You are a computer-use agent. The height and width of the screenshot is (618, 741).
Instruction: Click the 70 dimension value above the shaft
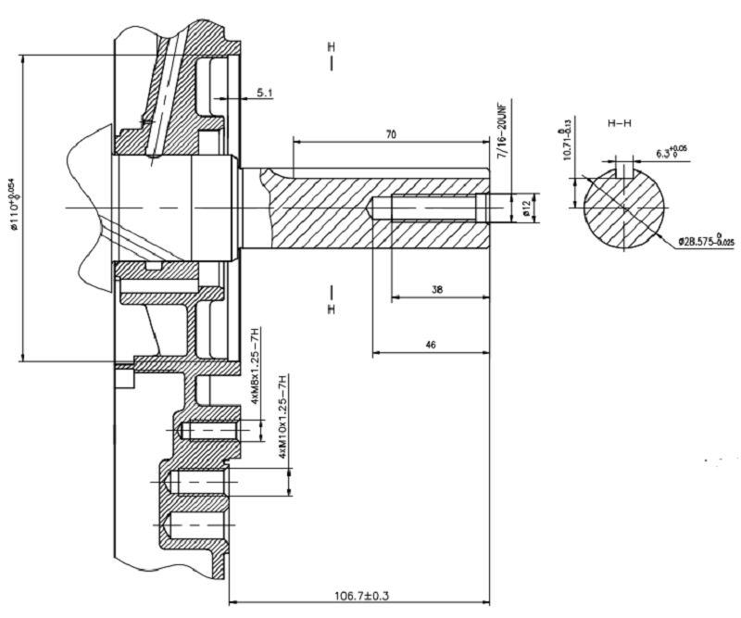391,134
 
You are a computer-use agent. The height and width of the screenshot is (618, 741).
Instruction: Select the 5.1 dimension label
263,93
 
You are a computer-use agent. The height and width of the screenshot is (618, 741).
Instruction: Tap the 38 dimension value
437,289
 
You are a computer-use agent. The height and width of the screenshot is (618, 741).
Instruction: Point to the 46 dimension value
430,344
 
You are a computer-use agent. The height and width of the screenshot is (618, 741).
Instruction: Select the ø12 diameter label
526,208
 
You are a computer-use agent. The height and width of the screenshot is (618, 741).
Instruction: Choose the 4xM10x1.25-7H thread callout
284,416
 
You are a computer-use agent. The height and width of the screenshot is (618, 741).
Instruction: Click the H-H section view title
621,122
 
